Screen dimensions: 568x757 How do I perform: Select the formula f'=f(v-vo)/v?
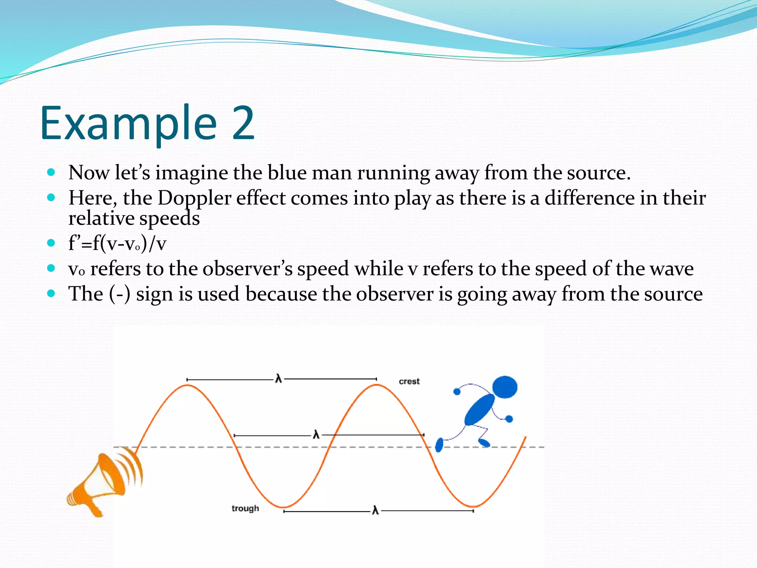point(117,243)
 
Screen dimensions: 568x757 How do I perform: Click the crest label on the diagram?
point(409,381)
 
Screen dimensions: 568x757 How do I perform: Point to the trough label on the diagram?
point(245,508)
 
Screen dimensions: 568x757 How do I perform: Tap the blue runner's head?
point(505,387)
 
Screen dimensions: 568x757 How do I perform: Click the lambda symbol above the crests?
point(278,379)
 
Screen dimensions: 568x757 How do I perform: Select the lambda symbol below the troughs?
point(375,511)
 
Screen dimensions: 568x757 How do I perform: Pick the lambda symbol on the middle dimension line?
point(316,434)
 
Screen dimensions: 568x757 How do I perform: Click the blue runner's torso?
point(479,410)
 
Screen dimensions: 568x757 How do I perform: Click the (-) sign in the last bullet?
point(120,294)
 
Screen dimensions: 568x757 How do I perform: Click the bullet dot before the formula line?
point(51,243)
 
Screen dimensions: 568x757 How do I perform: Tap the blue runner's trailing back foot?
point(439,445)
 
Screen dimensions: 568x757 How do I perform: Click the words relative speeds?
point(134,218)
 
